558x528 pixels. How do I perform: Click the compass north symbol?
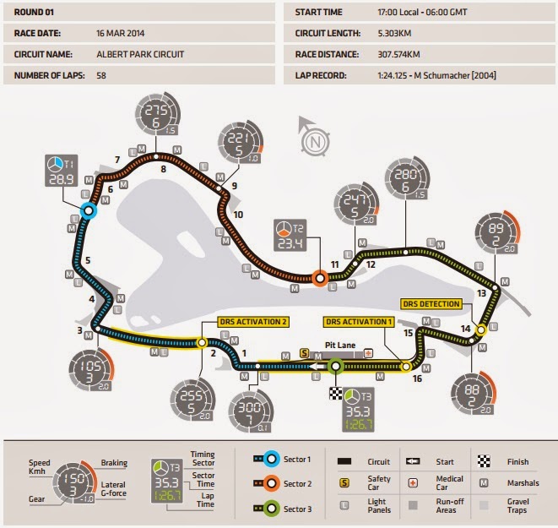pyautogui.click(x=313, y=141)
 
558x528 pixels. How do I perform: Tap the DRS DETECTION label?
pyautogui.click(x=431, y=304)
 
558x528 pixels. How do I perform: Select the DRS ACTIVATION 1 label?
pyautogui.click(x=360, y=321)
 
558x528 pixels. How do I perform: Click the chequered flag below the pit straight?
pyautogui.click(x=336, y=393)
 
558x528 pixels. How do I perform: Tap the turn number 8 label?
pyautogui.click(x=162, y=169)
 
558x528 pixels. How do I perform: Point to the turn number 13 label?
pyautogui.click(x=481, y=294)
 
